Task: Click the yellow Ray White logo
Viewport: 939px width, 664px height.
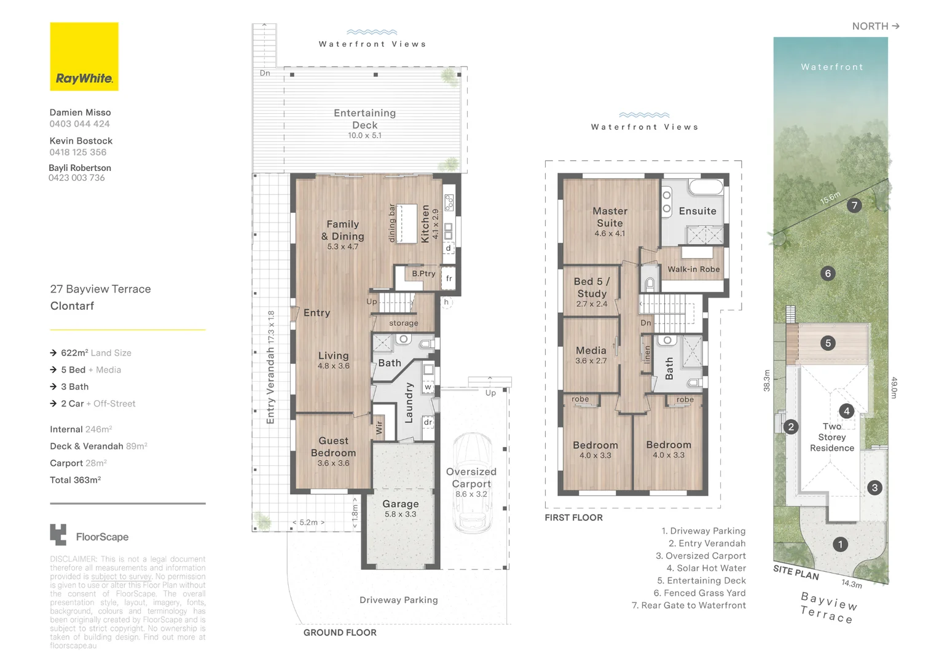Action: [84, 57]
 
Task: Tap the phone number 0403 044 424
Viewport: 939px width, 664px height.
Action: [80, 124]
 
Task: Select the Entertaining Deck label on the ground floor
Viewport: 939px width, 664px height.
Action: [365, 119]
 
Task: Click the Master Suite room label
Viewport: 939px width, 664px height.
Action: [610, 217]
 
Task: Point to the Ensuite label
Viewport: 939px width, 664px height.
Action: [697, 211]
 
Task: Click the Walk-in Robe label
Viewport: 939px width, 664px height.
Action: [693, 269]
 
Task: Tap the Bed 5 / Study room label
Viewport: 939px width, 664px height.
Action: [592, 287]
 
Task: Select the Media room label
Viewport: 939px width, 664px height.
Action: [591, 350]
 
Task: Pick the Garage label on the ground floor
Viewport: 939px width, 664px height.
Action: [401, 504]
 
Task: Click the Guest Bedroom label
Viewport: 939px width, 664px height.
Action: [333, 447]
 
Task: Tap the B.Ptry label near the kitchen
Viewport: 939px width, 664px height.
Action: [423, 274]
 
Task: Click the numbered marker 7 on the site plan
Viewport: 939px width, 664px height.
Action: [854, 205]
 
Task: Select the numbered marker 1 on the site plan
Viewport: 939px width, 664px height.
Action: [840, 544]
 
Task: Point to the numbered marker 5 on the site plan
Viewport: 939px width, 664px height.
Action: [828, 343]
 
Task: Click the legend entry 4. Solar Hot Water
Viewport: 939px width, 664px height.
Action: [706, 568]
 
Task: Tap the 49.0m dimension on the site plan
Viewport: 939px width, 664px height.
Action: [894, 388]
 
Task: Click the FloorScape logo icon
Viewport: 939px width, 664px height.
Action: [58, 535]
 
